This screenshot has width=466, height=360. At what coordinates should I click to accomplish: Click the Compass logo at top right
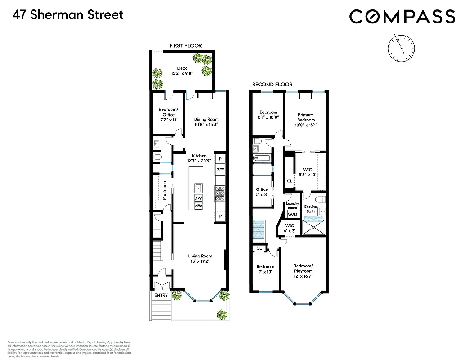pos(402,17)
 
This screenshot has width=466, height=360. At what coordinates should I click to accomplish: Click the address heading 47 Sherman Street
pos(68,15)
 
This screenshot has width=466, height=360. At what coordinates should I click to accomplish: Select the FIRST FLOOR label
pos(185,45)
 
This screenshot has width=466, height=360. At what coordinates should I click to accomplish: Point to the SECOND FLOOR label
pos(272,85)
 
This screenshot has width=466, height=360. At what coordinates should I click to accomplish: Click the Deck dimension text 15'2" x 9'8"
pos(182,73)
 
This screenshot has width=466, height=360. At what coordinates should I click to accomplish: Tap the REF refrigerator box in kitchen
pos(220,170)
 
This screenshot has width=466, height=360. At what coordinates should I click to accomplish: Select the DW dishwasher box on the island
pos(198,198)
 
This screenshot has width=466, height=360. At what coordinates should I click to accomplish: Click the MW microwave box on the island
pos(198,206)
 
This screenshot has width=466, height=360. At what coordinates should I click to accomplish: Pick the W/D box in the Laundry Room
pos(293,215)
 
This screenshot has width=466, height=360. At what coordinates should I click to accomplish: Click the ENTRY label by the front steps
pos(161,295)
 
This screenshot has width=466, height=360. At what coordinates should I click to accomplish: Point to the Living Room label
pos(200,256)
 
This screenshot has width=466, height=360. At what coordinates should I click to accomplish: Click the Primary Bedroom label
pos(305,117)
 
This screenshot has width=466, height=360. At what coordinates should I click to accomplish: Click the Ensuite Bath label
pos(311,209)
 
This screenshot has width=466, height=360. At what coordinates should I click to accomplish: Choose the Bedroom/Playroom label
pos(303,268)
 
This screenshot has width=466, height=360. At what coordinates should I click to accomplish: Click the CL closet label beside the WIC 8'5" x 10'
pos(290,181)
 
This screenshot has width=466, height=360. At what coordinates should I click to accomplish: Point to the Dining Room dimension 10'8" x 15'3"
pos(207,125)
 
